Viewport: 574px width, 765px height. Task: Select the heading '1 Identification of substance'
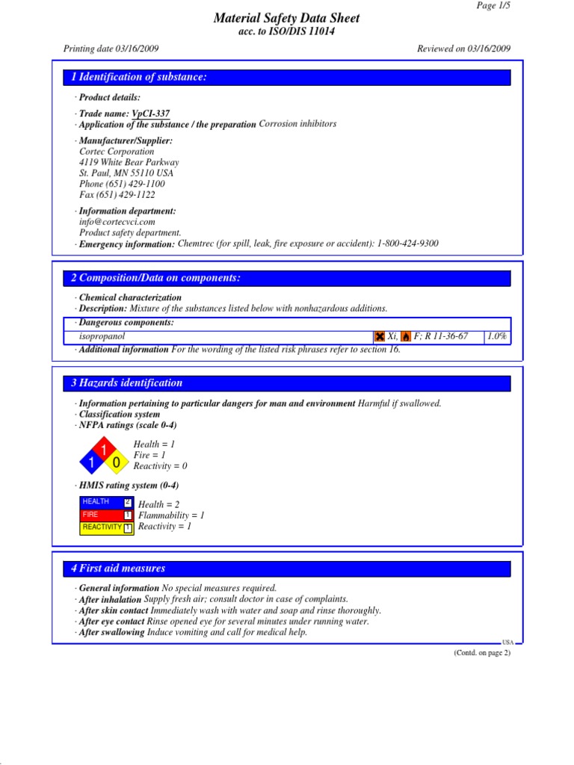tap(138, 78)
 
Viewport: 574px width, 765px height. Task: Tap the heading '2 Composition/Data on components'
tap(155, 278)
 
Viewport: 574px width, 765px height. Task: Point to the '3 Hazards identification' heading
tap(126, 383)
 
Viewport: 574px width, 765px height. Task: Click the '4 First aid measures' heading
tap(118, 569)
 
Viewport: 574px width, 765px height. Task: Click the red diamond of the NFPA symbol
tap(104, 450)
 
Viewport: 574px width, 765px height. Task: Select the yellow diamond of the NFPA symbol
tap(116, 463)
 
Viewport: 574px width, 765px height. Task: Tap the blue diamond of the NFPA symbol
tap(91, 463)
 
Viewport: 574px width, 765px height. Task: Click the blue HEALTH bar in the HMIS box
tap(105, 502)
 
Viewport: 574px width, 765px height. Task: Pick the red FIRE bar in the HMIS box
tap(105, 515)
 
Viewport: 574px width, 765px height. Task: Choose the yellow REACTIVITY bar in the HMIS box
tap(105, 527)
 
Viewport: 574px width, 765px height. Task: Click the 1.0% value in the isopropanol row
tap(497, 336)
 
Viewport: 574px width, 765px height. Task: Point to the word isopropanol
tap(102, 336)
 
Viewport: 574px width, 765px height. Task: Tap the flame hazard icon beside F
tap(406, 337)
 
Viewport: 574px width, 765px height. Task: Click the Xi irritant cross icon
tap(380, 337)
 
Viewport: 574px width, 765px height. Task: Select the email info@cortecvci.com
tap(117, 222)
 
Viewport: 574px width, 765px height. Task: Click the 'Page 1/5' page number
tap(493, 5)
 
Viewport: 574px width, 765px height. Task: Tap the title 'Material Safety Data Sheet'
tap(286, 18)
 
